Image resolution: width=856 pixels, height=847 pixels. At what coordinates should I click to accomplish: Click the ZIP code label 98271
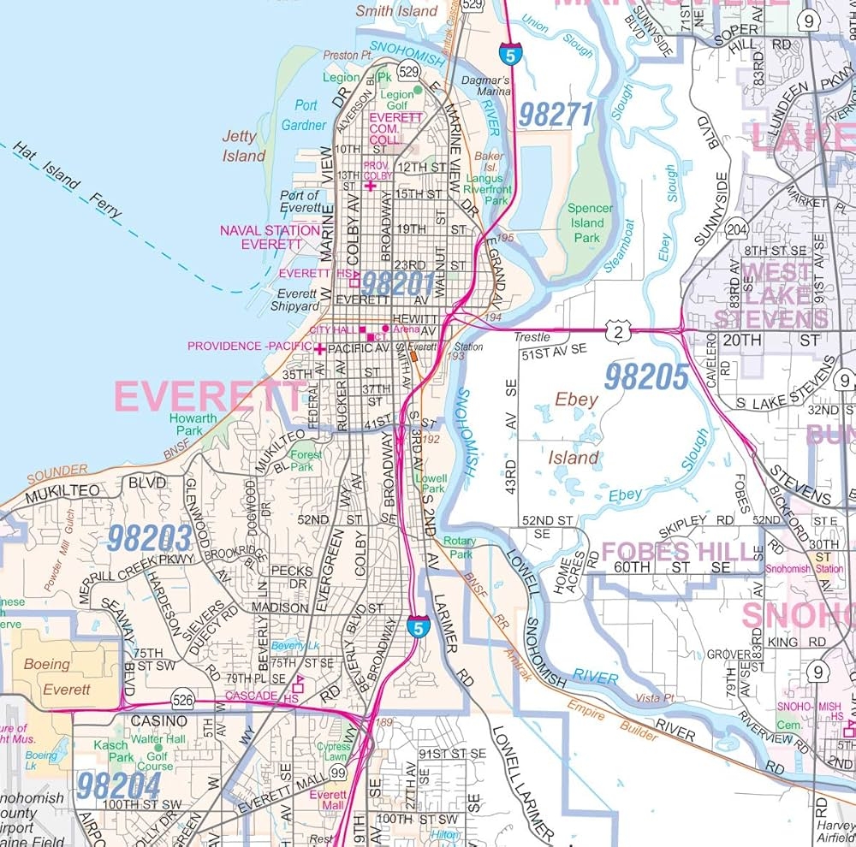[556, 115]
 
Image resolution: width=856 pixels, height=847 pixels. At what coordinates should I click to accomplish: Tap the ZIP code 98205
[646, 376]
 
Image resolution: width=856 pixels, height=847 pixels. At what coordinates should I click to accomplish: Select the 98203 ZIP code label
[149, 537]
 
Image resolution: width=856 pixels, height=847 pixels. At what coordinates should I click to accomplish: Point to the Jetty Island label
[244, 146]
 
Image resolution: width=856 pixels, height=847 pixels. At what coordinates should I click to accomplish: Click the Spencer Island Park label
[590, 222]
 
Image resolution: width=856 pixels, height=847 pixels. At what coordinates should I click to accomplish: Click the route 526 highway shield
[181, 696]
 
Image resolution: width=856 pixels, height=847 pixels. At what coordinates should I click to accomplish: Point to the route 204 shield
[735, 229]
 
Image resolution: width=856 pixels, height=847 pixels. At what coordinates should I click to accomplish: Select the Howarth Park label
[193, 424]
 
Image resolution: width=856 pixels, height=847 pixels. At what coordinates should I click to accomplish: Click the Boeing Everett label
[59, 674]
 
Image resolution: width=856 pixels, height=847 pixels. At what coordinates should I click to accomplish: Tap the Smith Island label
[396, 11]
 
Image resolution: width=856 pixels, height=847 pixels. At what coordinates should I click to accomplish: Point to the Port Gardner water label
[305, 115]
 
